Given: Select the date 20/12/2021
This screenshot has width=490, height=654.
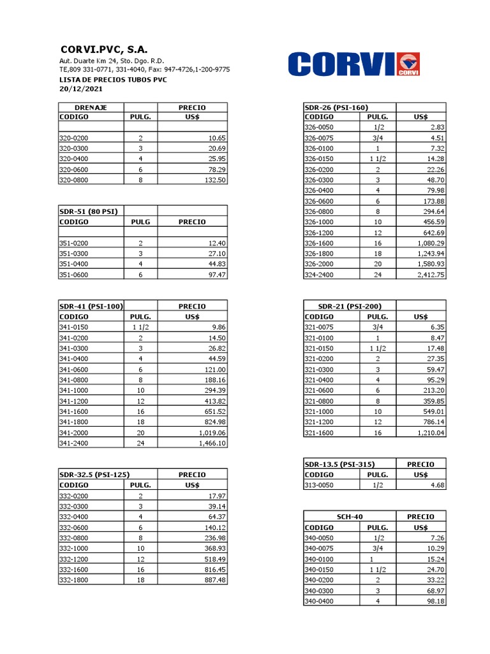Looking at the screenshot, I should point(80,89).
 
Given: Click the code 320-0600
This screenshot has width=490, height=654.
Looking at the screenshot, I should point(74,169).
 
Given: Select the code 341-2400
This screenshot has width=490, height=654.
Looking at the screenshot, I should point(74,443).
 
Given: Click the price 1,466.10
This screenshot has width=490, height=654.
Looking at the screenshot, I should point(209,443).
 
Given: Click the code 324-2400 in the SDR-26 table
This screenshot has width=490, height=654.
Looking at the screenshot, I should point(320,275).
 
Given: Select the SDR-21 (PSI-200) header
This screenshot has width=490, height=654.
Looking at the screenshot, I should point(349,306).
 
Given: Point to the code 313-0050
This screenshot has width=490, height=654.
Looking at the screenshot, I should point(320,485).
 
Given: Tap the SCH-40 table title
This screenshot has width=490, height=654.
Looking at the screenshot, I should point(349,516).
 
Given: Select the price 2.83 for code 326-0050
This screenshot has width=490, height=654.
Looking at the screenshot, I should point(437,127).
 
